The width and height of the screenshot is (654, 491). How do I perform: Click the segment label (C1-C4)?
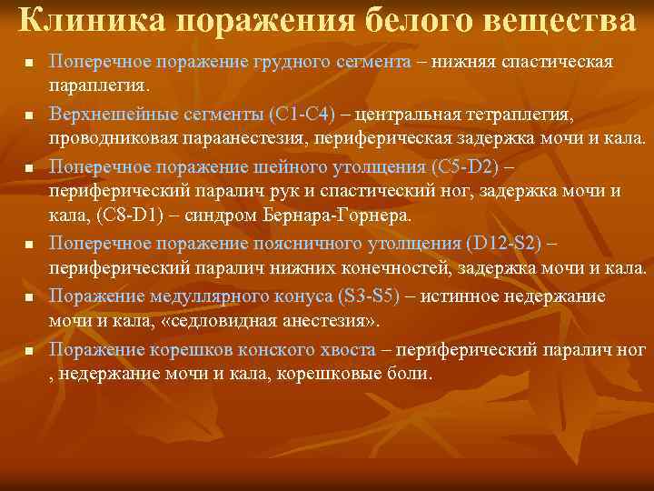pos(302,115)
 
